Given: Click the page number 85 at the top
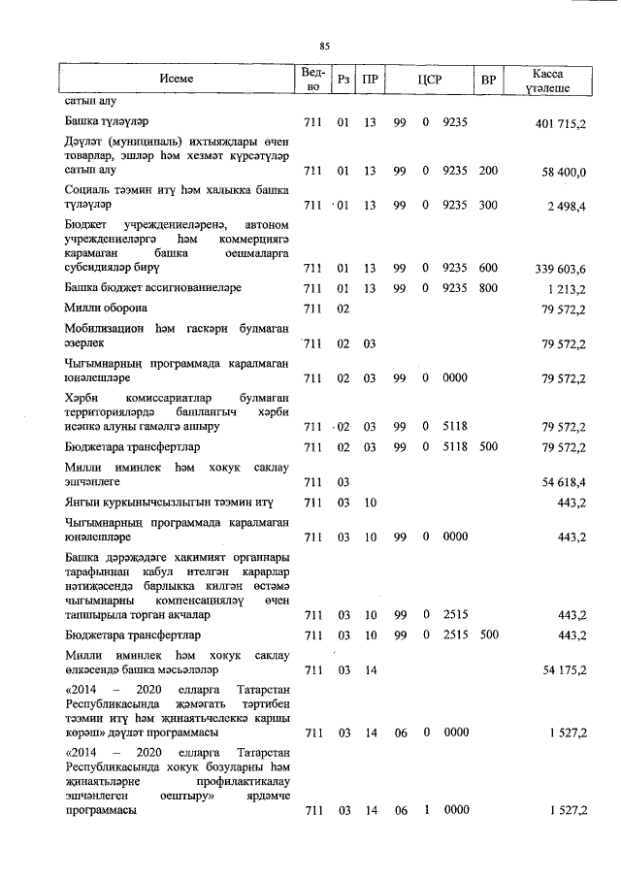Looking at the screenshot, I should click(x=325, y=45).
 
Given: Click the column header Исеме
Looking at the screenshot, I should click(x=177, y=80).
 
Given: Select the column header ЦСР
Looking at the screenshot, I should click(x=429, y=80).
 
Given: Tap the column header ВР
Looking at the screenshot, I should click(x=488, y=80).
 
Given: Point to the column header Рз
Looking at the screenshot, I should click(x=343, y=80).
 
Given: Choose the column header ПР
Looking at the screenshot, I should click(x=370, y=80).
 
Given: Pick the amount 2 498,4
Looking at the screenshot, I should click(x=568, y=206).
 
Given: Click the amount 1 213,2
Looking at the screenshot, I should click(x=568, y=288).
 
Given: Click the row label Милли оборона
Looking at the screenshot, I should click(x=107, y=309).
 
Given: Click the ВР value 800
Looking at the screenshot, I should click(x=488, y=288).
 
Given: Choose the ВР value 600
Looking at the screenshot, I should click(x=488, y=268).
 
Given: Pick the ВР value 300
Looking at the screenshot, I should click(x=488, y=206).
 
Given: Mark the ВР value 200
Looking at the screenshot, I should click(x=488, y=172).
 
